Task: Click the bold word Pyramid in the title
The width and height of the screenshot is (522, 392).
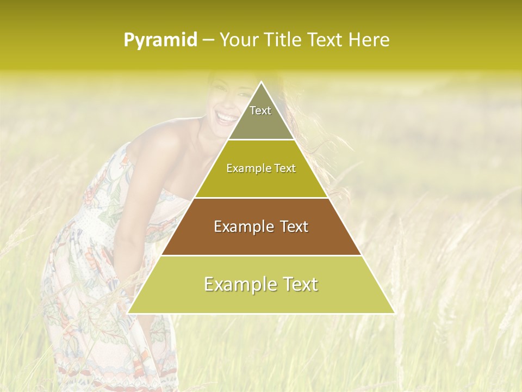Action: (x=160, y=40)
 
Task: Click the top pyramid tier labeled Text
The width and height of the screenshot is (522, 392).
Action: (x=260, y=114)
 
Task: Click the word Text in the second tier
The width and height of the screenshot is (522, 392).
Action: (x=284, y=169)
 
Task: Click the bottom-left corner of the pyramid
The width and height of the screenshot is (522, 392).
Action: (x=128, y=313)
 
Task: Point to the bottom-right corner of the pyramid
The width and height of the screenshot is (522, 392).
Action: (x=394, y=313)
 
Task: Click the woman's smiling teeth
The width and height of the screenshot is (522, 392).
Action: (x=225, y=116)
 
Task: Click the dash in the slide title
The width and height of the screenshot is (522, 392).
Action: (x=208, y=40)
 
